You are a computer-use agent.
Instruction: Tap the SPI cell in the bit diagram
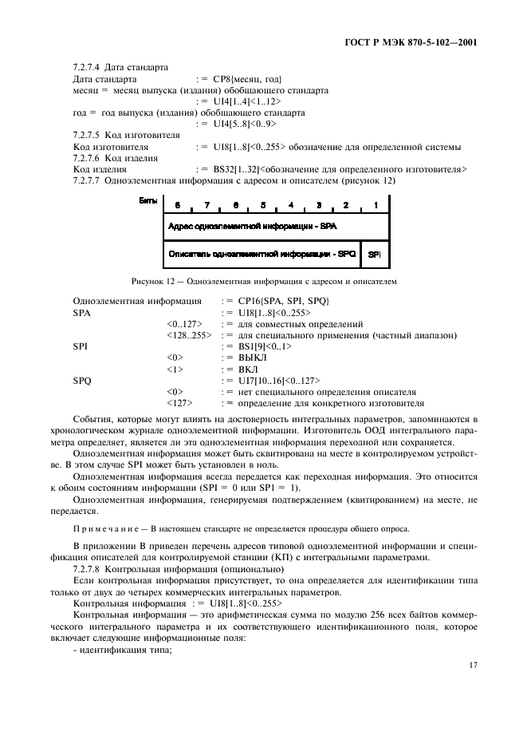pos(374,254)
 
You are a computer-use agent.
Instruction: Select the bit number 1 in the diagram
pos(374,205)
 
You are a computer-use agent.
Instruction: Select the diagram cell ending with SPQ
pos(262,254)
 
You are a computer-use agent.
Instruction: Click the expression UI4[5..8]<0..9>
pos(246,125)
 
